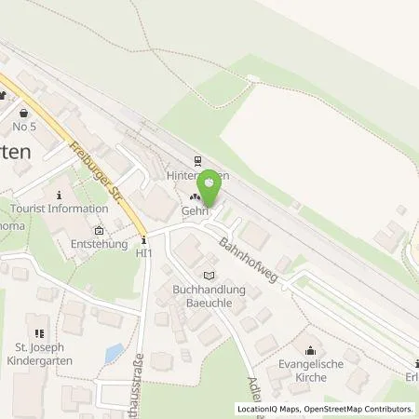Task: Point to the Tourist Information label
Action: point(60,209)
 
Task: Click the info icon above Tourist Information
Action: point(60,195)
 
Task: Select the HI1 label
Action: point(144,252)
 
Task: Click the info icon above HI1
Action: point(144,239)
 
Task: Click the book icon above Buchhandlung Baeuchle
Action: point(209,276)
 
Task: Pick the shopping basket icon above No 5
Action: point(23,111)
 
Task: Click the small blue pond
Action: point(114,354)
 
